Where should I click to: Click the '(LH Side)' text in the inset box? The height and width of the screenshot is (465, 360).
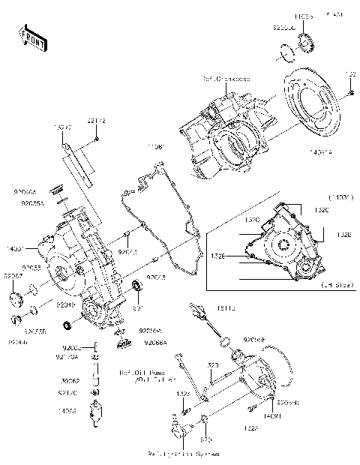coord(336,285)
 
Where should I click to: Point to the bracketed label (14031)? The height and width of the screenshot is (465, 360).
coord(340,196)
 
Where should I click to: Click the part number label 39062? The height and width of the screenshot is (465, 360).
coord(70,380)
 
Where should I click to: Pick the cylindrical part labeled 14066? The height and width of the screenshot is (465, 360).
coord(94,412)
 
